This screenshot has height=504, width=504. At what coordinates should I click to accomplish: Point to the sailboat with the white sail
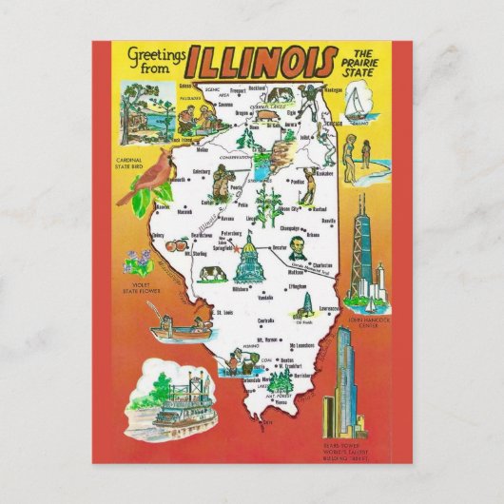click(355, 105)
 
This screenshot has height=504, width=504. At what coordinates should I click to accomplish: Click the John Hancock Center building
click(362, 258)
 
